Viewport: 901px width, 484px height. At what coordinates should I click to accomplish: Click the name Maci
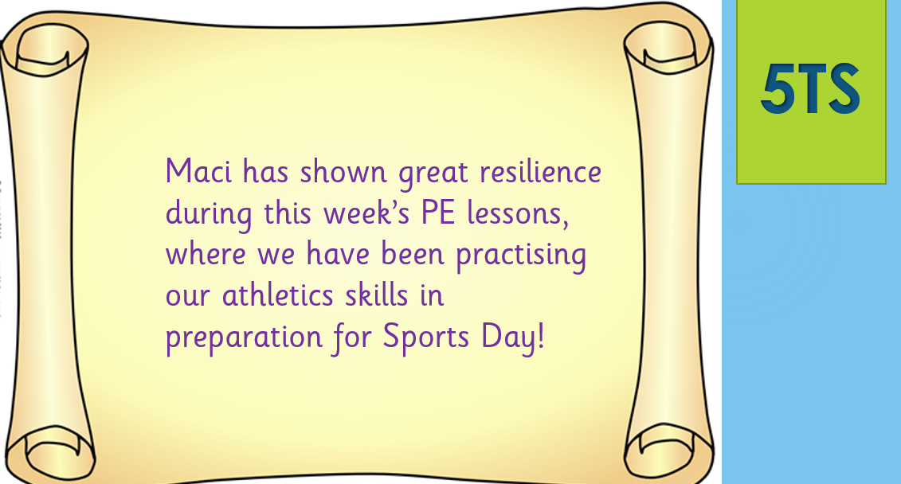198,171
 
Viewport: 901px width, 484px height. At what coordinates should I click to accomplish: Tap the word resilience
540,171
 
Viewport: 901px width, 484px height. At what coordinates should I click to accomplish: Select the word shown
343,171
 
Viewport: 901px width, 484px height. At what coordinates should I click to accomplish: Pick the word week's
366,213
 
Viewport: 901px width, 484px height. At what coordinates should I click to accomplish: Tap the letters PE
438,213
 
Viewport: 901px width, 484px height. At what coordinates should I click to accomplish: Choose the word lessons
517,213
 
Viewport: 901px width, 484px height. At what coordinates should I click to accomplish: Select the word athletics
277,295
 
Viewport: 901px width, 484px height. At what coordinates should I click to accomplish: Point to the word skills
376,295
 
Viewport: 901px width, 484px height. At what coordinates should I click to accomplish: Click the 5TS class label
810,89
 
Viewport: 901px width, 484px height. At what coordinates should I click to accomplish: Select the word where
206,254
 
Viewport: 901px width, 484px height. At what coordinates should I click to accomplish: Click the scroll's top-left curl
46,52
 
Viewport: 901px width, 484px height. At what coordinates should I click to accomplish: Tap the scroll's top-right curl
668,49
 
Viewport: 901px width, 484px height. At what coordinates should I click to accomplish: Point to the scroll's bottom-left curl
52,454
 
